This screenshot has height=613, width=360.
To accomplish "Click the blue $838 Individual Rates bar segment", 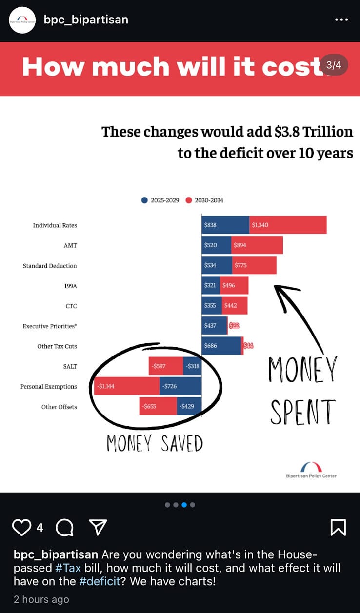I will pyautogui.click(x=225, y=225).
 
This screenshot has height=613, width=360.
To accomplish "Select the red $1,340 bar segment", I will pyautogui.click(x=288, y=225).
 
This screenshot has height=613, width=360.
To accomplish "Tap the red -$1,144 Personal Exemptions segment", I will pyautogui.click(x=126, y=386).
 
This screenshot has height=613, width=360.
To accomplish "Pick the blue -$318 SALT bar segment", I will pyautogui.click(x=192, y=366).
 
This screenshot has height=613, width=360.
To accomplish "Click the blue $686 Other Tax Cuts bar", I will pyautogui.click(x=222, y=346).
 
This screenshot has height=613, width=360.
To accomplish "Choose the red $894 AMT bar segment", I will pyautogui.click(x=257, y=245).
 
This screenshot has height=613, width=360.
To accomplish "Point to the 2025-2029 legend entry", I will pyautogui.click(x=160, y=200).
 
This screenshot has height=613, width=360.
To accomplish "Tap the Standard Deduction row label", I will pyautogui.click(x=50, y=266).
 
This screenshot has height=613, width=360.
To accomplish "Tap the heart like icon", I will pyautogui.click(x=21, y=527).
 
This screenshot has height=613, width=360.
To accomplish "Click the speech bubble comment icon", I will pyautogui.click(x=64, y=527).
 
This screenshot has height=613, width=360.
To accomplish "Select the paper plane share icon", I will pyautogui.click(x=98, y=527).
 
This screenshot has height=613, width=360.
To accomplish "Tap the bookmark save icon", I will pyautogui.click(x=338, y=527).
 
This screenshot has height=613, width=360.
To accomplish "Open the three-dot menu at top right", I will pyautogui.click(x=341, y=20).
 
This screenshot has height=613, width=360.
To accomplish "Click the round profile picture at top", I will pyautogui.click(x=22, y=20).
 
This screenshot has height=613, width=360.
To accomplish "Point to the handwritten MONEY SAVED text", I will pyautogui.click(x=155, y=443).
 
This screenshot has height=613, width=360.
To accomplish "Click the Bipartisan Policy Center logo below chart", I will pyautogui.click(x=311, y=470).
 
